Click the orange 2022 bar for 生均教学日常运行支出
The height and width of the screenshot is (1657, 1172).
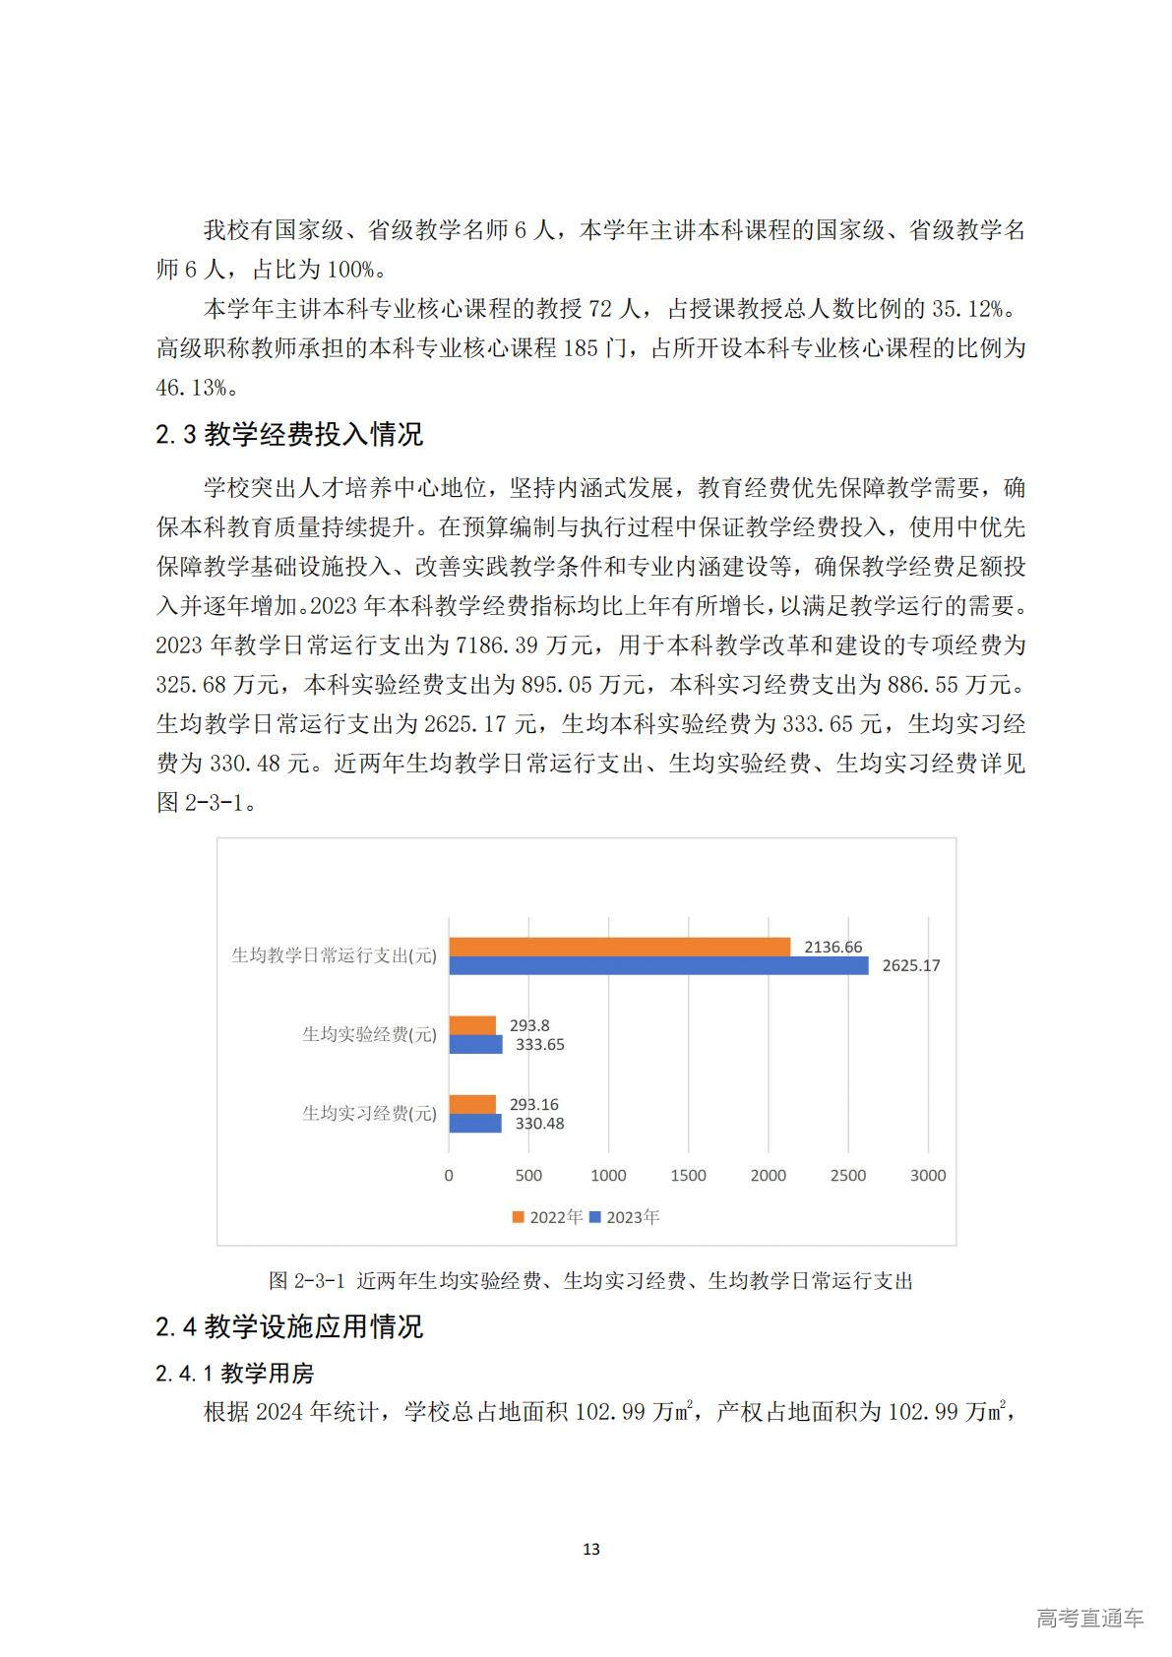(620, 947)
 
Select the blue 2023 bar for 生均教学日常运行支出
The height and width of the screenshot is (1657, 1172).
(658, 965)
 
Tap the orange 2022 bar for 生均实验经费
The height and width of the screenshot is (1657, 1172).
(472, 1025)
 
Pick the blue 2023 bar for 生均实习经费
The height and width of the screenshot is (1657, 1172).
(475, 1123)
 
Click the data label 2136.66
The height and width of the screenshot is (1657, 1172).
(833, 947)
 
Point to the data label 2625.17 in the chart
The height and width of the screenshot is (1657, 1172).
(910, 965)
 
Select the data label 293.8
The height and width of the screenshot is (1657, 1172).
(529, 1025)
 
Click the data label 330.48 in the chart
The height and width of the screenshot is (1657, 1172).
(539, 1124)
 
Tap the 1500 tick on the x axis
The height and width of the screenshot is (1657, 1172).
(688, 1175)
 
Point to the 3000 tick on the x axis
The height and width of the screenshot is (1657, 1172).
(927, 1175)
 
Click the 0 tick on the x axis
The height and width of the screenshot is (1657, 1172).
(449, 1175)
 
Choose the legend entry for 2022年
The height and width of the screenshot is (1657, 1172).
(547, 1217)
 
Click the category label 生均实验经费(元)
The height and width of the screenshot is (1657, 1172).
(369, 1034)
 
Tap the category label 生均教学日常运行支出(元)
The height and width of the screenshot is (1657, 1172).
(334, 955)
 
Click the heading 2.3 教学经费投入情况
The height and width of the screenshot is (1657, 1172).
(289, 434)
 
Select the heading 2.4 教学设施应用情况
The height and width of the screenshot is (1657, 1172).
(289, 1326)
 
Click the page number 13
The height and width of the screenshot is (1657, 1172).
(590, 1549)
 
